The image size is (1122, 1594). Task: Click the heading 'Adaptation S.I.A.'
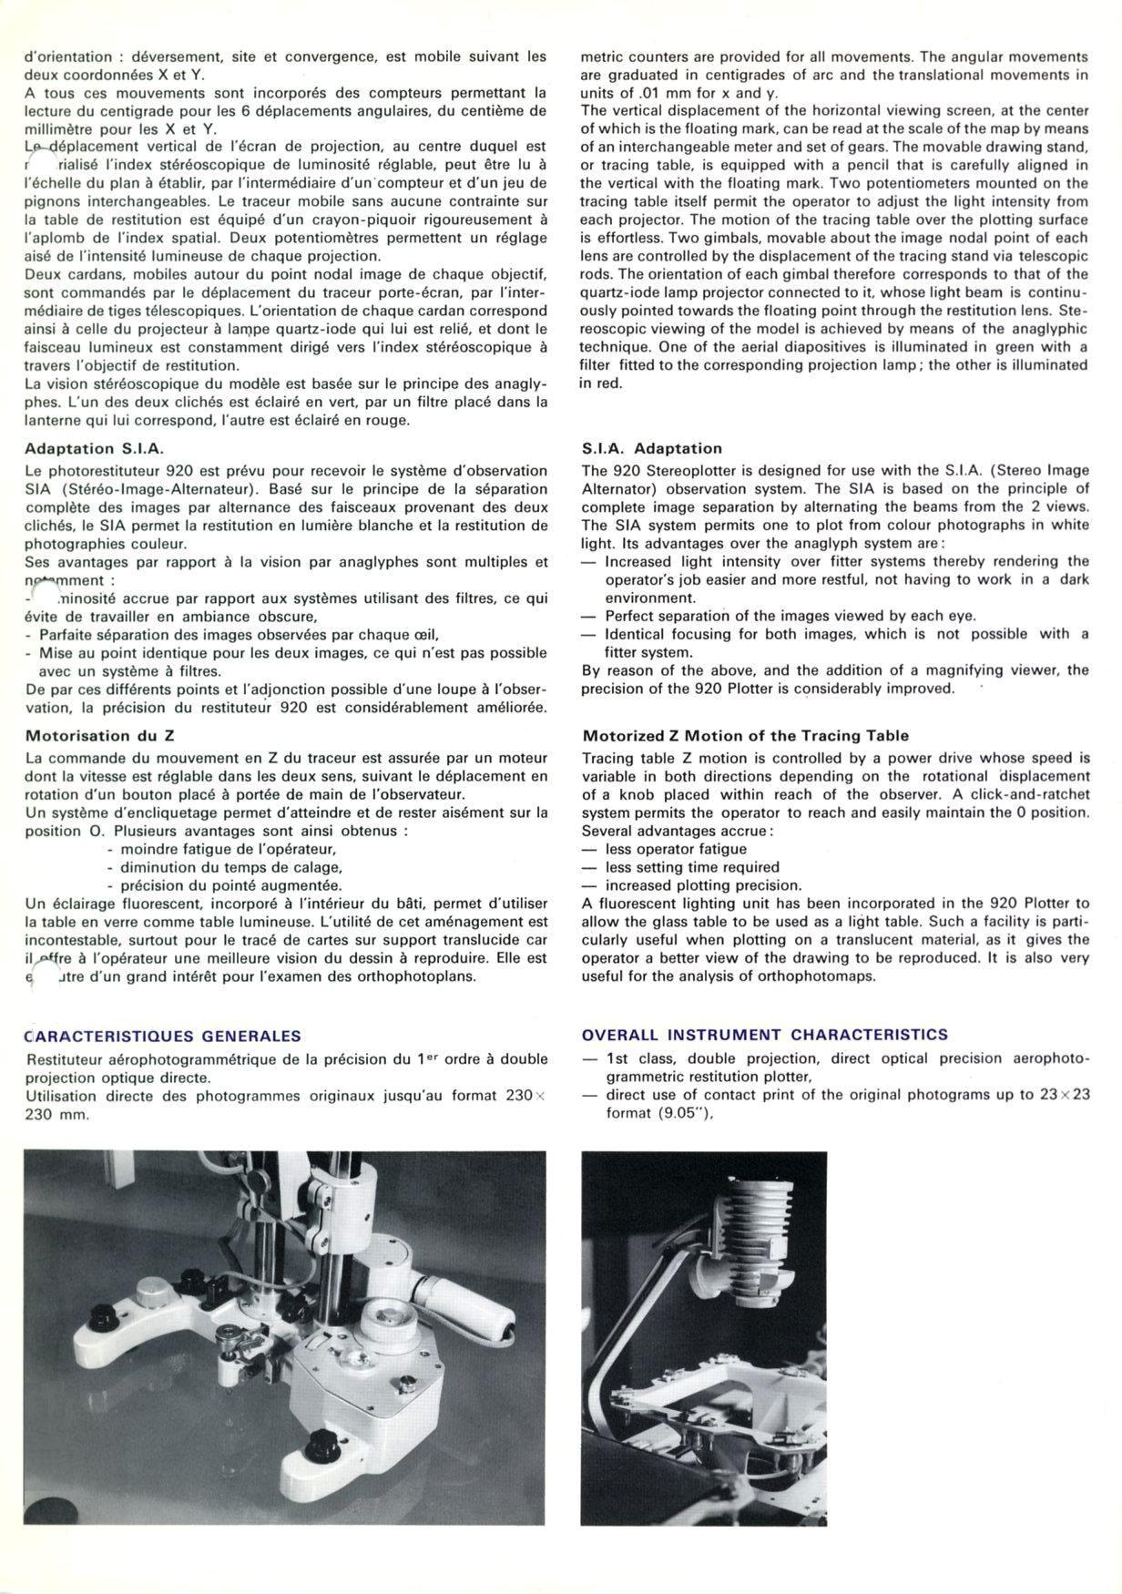94,448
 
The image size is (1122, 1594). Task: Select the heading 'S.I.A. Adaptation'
651,448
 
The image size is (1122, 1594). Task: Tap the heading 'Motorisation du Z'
99,735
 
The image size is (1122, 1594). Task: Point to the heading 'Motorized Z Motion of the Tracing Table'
745,735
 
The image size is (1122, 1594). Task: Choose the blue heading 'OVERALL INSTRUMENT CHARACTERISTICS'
764,1035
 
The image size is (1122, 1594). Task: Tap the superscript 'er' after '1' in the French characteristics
432,1057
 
